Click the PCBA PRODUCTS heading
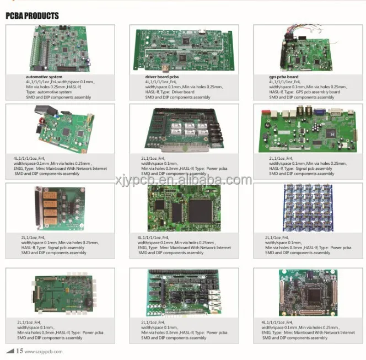point(32,16)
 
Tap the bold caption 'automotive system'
point(44,77)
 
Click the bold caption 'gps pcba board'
point(284,77)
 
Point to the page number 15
point(19,351)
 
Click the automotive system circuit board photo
point(60,50)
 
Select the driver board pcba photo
point(184,49)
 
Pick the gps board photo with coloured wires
point(308,50)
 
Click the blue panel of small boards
point(307,208)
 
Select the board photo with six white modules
point(184,130)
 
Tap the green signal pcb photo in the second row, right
point(307,130)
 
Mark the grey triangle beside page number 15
point(9,351)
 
